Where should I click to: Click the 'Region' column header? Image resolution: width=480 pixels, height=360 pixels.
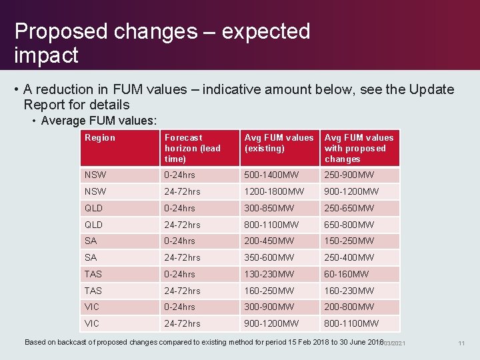point(100,138)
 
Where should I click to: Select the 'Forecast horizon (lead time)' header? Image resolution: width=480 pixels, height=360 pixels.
point(192,148)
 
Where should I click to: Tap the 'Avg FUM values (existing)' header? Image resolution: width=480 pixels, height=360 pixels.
point(279,143)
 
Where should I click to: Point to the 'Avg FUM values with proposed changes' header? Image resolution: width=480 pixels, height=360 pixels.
point(359,148)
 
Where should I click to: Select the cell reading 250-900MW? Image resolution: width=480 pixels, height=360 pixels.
point(349,175)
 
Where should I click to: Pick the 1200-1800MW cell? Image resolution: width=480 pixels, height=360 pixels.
point(273,192)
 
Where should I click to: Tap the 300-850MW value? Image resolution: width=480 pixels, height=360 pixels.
point(269,209)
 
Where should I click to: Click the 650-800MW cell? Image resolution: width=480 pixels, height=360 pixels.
point(349,225)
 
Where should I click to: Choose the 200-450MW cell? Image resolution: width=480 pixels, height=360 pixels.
point(269,241)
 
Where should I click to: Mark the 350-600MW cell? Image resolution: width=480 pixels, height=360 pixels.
point(269,258)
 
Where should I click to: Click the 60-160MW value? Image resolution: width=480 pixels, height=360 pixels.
point(347,274)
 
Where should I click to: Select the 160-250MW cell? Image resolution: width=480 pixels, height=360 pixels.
point(269,291)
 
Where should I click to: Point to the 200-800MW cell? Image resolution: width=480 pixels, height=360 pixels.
point(349,307)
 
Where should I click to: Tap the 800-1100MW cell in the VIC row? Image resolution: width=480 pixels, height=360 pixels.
point(351,324)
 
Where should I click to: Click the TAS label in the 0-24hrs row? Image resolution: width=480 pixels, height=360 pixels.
point(93,274)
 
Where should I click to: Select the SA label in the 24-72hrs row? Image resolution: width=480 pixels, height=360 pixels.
point(91,258)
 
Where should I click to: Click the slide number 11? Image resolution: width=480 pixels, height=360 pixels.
point(461,343)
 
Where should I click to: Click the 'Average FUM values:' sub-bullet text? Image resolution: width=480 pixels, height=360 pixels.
point(99,121)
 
